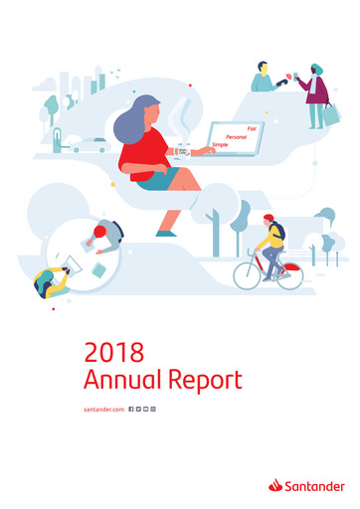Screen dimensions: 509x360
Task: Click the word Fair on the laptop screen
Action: tap(252, 127)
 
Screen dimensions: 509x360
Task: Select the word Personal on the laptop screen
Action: tap(236, 135)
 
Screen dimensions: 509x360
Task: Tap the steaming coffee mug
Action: tap(183, 149)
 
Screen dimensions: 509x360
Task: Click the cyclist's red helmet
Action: tap(268, 218)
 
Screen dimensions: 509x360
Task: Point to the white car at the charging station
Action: tap(90, 145)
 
